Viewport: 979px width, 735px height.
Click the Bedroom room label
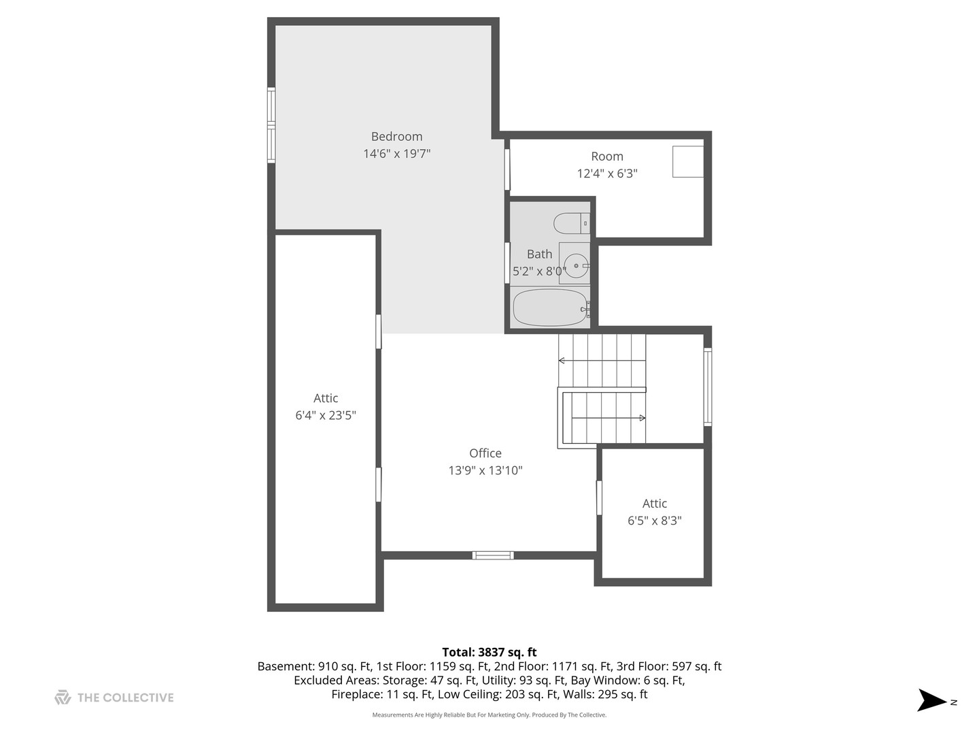pyautogui.click(x=396, y=137)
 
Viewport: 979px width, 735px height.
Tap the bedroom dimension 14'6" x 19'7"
pyautogui.click(x=396, y=154)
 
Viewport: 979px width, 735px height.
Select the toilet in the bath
pyautogui.click(x=571, y=223)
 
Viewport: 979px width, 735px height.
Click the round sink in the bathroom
pyautogui.click(x=576, y=265)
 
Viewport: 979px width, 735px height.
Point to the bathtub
pyautogui.click(x=551, y=308)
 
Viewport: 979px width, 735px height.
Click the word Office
pyautogui.click(x=485, y=453)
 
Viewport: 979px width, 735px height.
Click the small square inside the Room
pyautogui.click(x=688, y=161)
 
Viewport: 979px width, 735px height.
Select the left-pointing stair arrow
pyautogui.click(x=602, y=360)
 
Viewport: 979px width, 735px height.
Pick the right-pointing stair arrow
pyautogui.click(x=608, y=418)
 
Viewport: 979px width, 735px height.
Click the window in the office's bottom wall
pyautogui.click(x=493, y=555)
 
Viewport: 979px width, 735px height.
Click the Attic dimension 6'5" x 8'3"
pyautogui.click(x=654, y=521)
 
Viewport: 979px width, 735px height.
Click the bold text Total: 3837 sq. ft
pyautogui.click(x=489, y=653)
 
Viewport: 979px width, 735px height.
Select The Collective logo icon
pyautogui.click(x=63, y=698)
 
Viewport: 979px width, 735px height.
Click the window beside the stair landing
pyautogui.click(x=708, y=387)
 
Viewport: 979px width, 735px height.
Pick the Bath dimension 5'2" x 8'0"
pyautogui.click(x=539, y=272)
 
